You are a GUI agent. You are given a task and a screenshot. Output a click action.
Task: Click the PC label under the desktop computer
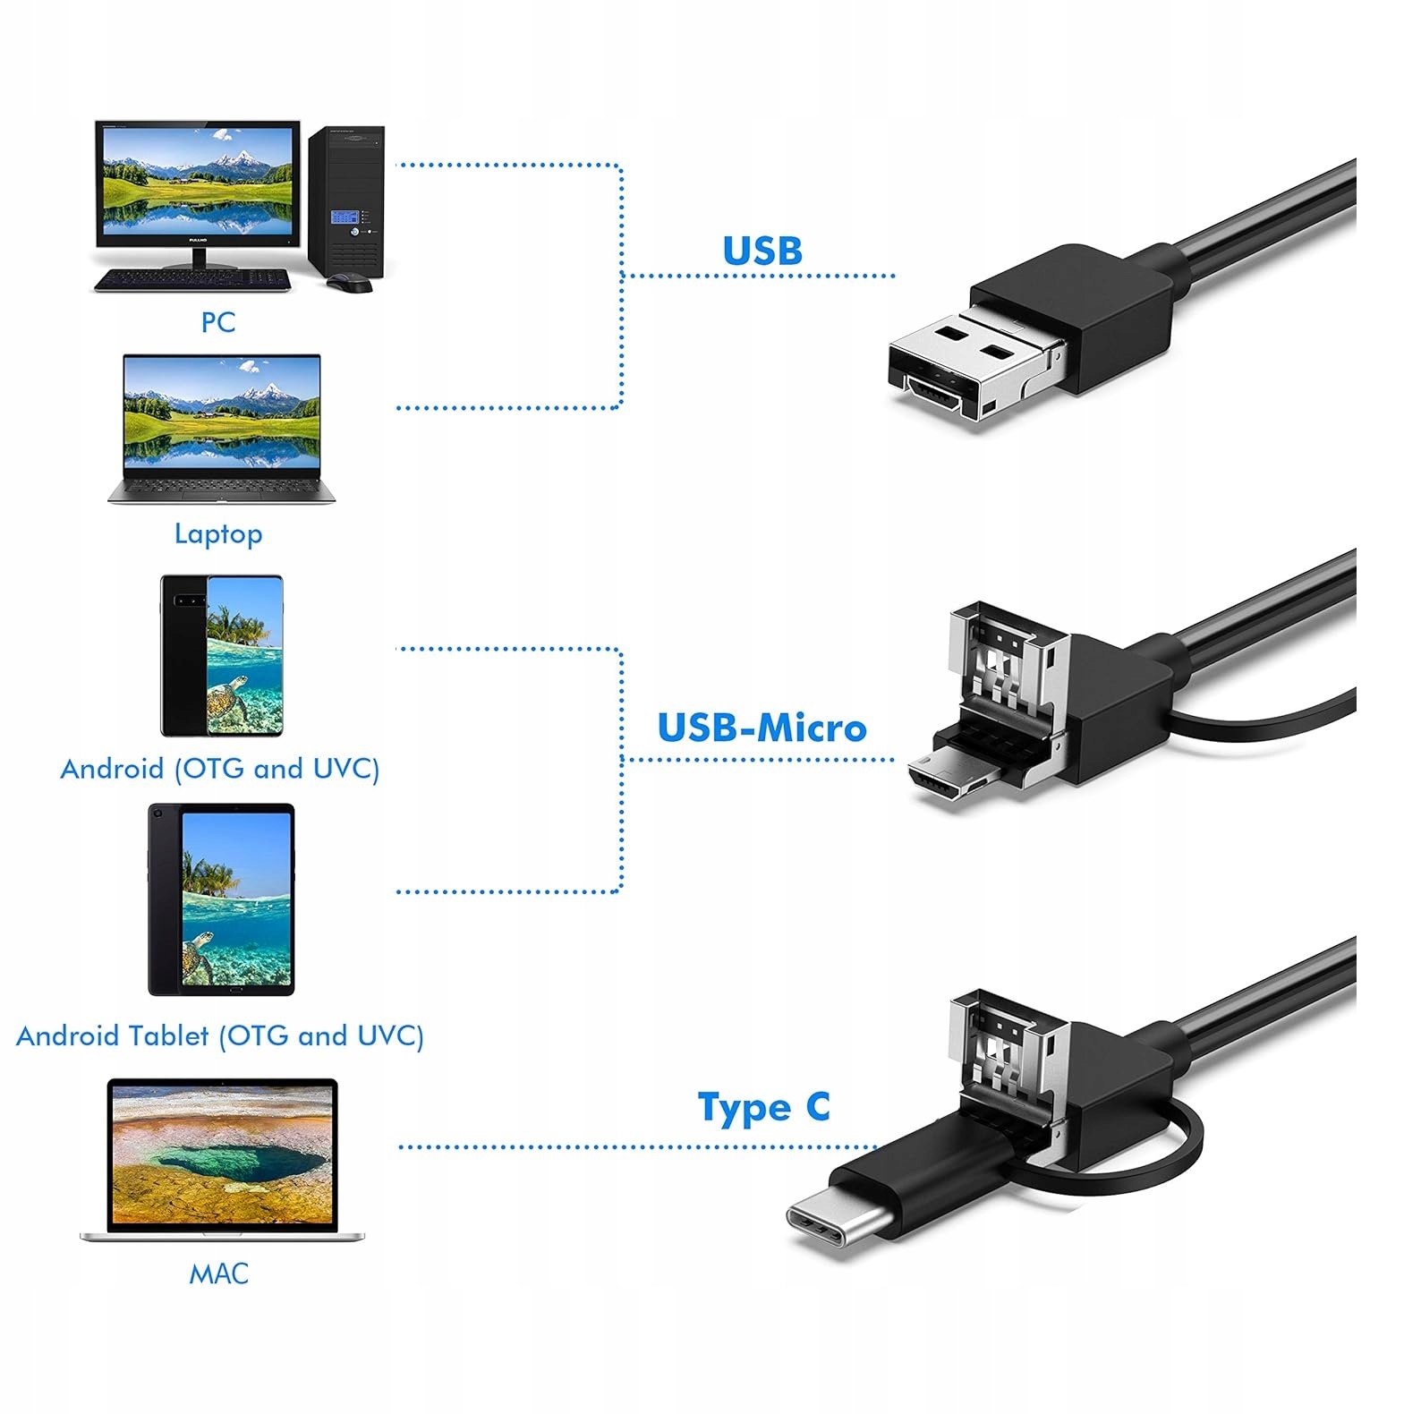[x=217, y=322]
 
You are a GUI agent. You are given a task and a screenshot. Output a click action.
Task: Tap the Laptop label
[x=218, y=534]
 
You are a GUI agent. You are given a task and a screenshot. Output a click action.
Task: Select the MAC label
[x=218, y=1273]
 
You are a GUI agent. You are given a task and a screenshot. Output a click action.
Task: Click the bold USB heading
[x=762, y=251]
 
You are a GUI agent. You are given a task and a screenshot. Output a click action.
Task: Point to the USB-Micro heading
[x=762, y=728]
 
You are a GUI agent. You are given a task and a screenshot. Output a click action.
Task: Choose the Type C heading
[x=763, y=1108]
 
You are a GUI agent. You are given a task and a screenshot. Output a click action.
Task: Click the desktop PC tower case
[x=347, y=201]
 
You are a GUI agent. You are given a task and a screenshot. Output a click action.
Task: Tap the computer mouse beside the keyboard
[x=349, y=284]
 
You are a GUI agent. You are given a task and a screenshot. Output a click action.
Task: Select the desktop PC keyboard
[x=193, y=280]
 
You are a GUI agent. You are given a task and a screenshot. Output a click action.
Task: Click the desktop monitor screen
[x=197, y=183]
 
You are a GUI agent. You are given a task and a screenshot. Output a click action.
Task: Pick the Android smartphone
[x=221, y=656]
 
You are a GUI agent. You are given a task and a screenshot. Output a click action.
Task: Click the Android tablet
[x=221, y=899]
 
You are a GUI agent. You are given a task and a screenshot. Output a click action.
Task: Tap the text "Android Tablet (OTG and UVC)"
[x=220, y=1035]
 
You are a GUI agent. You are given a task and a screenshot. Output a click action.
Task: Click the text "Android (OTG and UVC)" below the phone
[x=220, y=769]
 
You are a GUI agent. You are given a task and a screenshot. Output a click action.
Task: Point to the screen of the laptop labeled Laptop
[x=222, y=412]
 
